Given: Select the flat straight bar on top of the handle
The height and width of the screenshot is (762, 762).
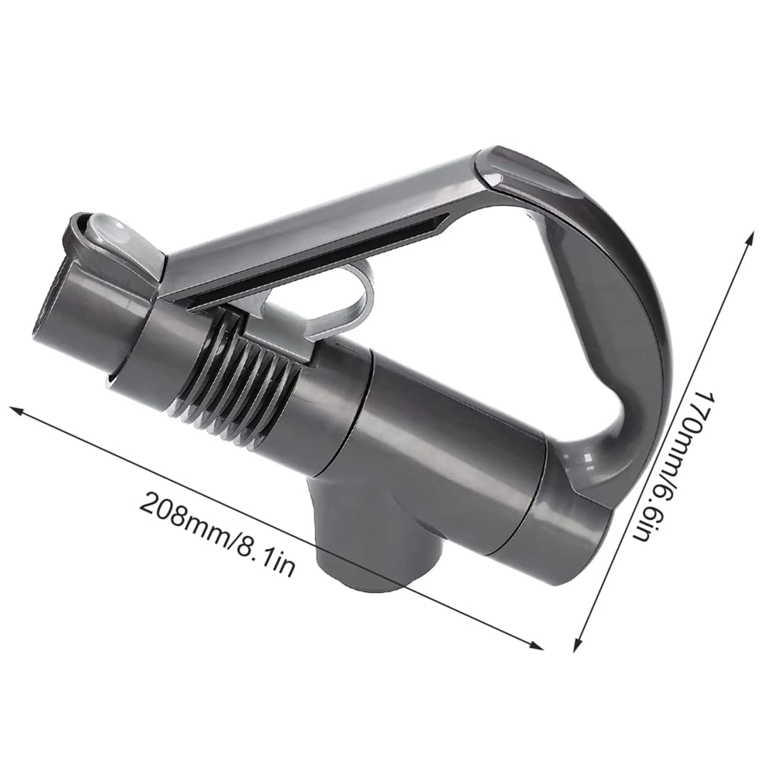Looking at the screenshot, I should coord(314,220).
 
